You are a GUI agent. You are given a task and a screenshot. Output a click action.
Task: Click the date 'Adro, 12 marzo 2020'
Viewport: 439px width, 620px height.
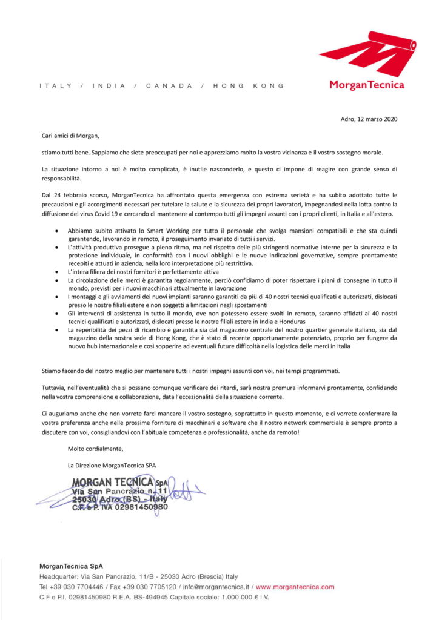click(369, 119)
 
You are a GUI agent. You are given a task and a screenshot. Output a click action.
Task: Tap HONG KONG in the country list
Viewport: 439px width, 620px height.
click(249, 86)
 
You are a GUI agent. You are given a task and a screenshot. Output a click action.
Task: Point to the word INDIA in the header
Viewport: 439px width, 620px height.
click(109, 86)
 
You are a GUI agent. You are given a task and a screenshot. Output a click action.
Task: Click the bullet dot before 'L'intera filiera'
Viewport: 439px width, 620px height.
click(56, 272)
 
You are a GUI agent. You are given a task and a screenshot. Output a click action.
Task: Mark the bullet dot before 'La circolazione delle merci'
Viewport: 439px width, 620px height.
click(56, 281)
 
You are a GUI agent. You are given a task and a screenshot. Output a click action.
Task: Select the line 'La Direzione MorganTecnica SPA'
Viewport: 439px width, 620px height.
click(112, 466)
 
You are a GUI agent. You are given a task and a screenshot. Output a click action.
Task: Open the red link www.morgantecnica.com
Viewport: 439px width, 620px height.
click(295, 587)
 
